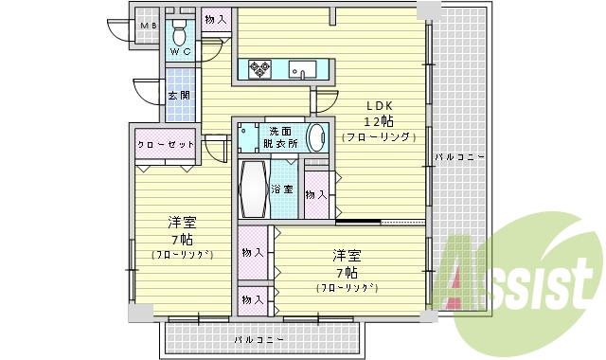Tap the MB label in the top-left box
pos(147,26)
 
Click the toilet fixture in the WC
pos(181,28)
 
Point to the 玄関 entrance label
pos(179,96)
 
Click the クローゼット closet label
pos(166,144)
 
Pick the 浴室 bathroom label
pos(282,189)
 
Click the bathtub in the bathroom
pos(253,189)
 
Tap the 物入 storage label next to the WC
pos(216,19)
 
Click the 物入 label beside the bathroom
pos(317,194)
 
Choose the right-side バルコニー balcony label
pos(459,156)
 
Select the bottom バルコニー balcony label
pos(256,338)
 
